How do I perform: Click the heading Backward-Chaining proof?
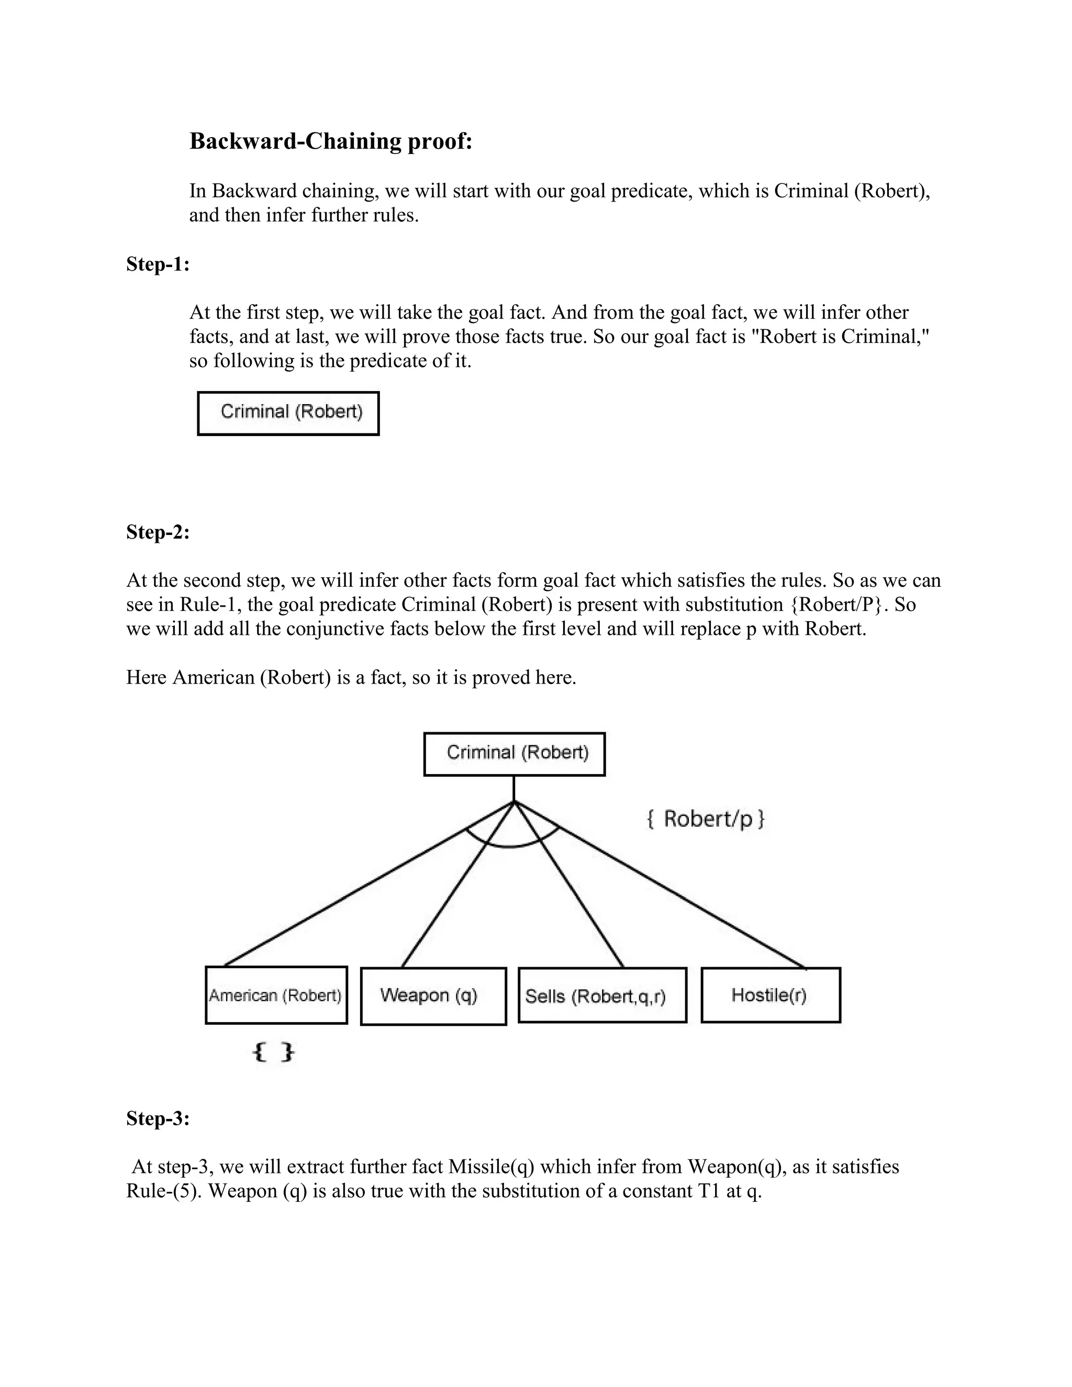[331, 141]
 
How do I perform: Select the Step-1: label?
[158, 264]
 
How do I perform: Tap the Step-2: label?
[158, 532]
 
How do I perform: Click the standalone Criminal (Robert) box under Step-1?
[288, 413]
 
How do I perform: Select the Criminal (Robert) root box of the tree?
[515, 754]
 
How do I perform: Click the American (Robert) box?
[276, 995]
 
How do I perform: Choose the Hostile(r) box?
[770, 995]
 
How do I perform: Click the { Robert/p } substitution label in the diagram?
[706, 819]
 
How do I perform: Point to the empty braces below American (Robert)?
[274, 1053]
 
